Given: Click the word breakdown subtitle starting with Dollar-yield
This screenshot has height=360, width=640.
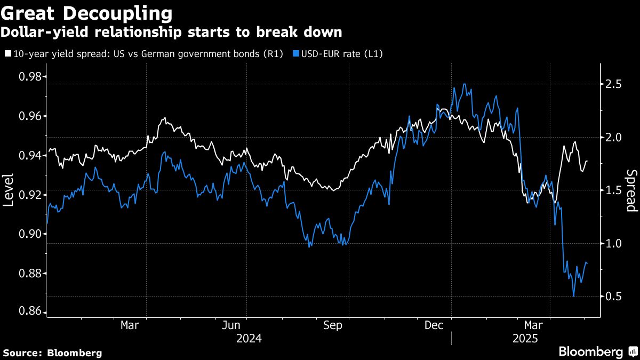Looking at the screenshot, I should coord(171,32).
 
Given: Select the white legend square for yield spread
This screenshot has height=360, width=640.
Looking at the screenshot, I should coord(7,53).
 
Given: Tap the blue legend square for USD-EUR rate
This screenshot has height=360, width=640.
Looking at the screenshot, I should coord(296,53).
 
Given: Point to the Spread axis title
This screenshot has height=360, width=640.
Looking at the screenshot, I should coord(631,190).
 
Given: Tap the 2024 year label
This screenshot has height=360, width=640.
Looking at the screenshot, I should coord(248,339).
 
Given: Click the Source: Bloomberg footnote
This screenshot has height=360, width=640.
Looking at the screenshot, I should coord(52,353).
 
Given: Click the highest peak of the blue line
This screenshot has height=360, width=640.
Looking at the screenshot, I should coord(465,84).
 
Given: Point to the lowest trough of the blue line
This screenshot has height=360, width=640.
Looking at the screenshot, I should coord(574,296).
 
